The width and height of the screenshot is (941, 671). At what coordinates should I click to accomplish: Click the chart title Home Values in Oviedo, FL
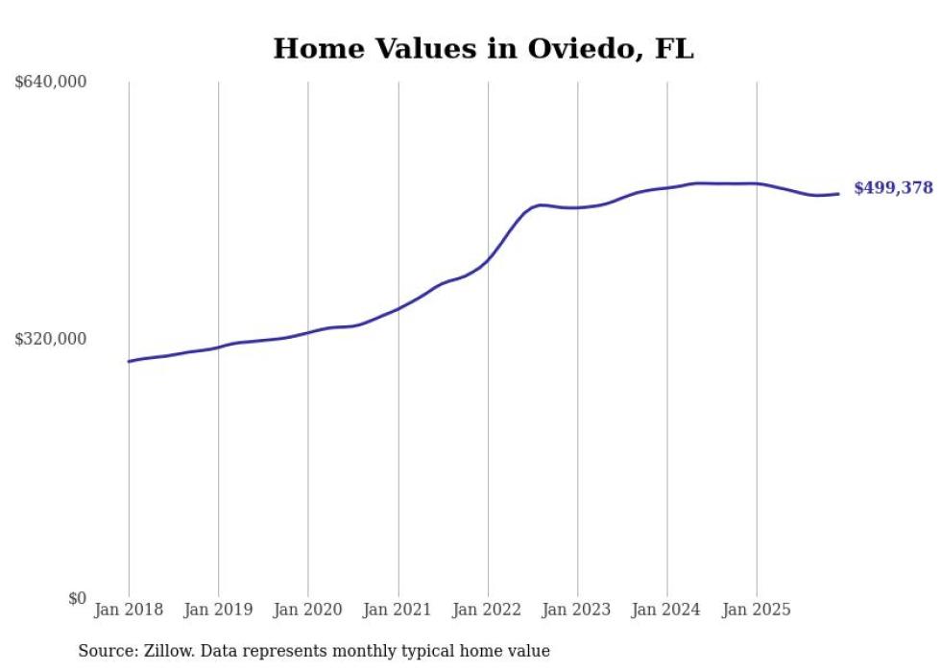483,49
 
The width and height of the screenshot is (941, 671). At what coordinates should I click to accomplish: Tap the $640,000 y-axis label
51,83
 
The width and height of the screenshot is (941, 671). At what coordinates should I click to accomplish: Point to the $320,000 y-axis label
51,339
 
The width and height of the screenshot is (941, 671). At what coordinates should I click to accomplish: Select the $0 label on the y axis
77,598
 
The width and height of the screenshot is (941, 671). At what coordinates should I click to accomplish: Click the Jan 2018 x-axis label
129,610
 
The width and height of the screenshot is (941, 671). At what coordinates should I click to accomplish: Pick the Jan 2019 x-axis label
218,610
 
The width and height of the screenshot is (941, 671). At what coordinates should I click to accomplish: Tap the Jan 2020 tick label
308,610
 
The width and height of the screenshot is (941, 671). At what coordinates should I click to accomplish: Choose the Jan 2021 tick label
398,610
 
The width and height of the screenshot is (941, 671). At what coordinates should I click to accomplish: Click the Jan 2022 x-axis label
488,610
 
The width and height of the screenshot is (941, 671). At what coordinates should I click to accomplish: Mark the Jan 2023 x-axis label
577,610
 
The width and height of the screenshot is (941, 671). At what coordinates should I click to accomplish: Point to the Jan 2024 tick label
667,610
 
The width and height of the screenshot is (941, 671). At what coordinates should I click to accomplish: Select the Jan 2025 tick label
757,610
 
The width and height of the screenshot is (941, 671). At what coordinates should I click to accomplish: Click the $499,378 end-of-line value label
893,188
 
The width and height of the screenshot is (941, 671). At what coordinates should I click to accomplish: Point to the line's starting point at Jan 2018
129,361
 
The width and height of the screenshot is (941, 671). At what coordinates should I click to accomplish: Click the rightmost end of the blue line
838,194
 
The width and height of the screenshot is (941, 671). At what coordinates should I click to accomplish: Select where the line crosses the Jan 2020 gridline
308,332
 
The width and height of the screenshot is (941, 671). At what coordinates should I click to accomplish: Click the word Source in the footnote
104,651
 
